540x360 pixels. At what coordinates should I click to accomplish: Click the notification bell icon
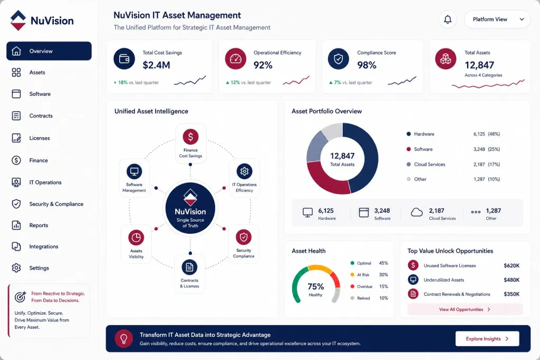click(x=447, y=20)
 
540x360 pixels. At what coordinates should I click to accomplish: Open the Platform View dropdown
click(x=497, y=20)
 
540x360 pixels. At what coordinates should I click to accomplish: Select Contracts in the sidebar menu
click(x=41, y=116)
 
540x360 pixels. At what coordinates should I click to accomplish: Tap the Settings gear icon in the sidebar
click(x=16, y=268)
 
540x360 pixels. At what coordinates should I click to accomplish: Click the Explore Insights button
click(x=487, y=339)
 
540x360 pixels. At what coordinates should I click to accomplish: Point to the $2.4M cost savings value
click(x=156, y=65)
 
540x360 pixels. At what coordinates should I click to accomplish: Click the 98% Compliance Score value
click(x=367, y=65)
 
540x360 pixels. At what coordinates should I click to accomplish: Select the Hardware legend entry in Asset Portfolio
click(x=424, y=134)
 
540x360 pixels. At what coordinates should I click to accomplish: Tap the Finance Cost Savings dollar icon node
click(x=190, y=137)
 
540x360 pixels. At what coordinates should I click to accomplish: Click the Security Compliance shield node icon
click(x=244, y=237)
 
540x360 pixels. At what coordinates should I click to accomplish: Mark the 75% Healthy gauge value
click(x=315, y=286)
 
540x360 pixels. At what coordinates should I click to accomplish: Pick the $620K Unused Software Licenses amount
click(x=512, y=266)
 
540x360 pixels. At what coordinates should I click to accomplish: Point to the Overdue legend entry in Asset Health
click(x=361, y=286)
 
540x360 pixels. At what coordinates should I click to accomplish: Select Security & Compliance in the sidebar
click(x=56, y=204)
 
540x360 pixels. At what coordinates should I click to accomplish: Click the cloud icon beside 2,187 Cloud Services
click(x=417, y=212)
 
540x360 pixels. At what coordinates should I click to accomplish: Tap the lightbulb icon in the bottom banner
click(x=124, y=339)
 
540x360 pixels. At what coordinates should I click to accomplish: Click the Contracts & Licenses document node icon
click(x=189, y=267)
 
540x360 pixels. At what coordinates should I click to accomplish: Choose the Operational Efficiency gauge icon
click(x=236, y=59)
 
